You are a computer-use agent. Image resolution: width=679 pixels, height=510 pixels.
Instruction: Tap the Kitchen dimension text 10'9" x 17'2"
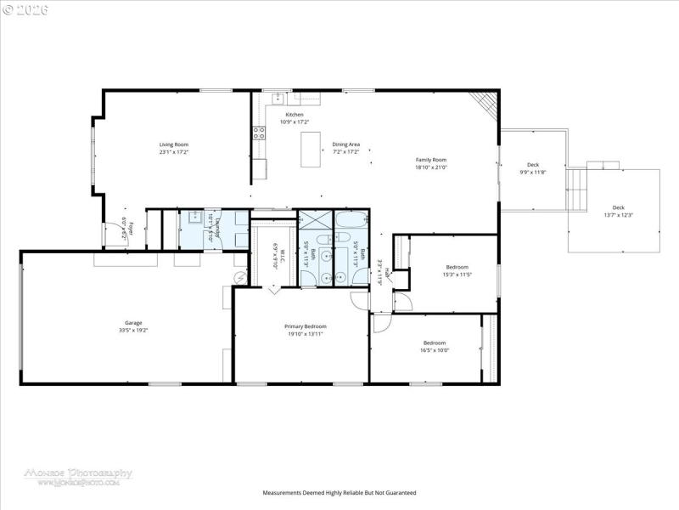point(295,122)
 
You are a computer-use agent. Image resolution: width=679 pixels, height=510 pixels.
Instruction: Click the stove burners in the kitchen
point(258,133)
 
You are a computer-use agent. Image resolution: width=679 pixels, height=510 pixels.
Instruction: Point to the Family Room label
point(430,160)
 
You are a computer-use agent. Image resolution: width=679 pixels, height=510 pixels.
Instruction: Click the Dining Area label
point(345,144)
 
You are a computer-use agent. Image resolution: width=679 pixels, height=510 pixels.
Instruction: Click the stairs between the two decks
point(576,190)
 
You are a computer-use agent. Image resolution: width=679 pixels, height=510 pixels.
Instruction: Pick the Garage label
point(133,323)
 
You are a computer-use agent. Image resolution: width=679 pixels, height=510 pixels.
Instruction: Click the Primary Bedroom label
point(304,326)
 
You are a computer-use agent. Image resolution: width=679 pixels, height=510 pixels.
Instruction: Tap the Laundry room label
point(218,229)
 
